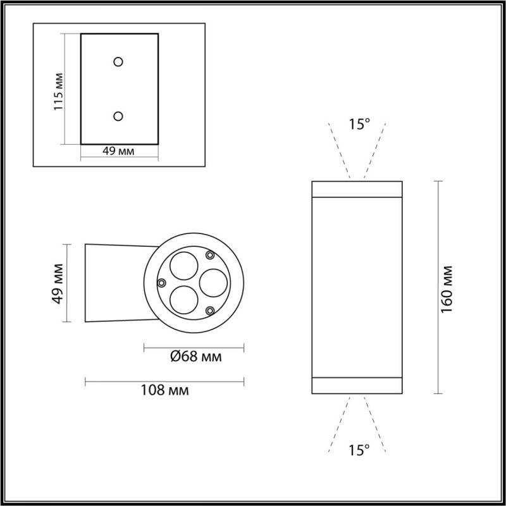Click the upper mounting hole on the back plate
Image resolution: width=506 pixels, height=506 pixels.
[x=118, y=61]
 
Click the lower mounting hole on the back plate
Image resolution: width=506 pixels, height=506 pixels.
[x=118, y=116]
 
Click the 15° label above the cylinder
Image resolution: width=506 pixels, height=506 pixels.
[x=359, y=125]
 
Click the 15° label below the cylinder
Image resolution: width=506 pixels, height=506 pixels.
[x=359, y=450]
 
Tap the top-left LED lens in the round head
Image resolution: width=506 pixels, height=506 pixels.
[x=183, y=264]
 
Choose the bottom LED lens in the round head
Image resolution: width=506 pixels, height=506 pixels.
[x=183, y=297]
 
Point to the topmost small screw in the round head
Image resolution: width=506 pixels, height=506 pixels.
[x=210, y=254]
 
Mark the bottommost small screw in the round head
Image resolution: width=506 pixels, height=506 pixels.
[x=210, y=310]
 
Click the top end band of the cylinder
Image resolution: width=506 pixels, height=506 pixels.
[x=357, y=189]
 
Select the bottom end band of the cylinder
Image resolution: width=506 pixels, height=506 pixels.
[x=357, y=385]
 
